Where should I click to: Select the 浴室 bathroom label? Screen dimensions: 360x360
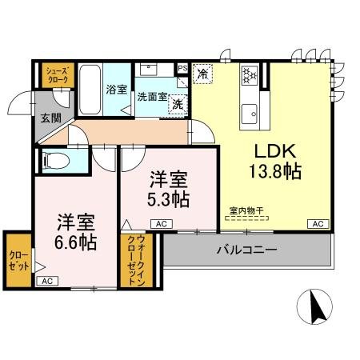tap(116, 90)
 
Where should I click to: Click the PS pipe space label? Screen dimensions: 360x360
tap(183, 68)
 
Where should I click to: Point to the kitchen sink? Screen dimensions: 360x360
tap(250, 110)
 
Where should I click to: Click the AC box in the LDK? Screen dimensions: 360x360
tap(317, 223)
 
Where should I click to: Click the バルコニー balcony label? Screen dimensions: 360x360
tap(247, 250)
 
